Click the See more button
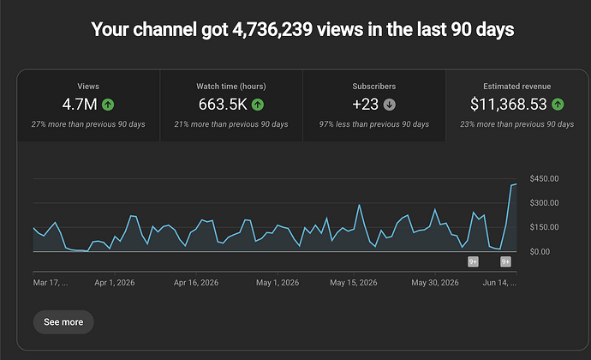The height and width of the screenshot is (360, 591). click(x=63, y=322)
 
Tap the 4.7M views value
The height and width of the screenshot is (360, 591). click(x=80, y=105)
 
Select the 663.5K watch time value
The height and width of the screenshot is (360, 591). click(x=223, y=105)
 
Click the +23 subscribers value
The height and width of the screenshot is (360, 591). click(x=365, y=105)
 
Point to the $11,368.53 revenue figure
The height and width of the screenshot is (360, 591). click(x=509, y=105)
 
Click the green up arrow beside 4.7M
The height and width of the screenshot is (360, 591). click(x=108, y=105)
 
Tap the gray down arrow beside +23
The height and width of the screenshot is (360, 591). click(x=390, y=105)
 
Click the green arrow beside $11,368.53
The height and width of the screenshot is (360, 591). click(x=558, y=105)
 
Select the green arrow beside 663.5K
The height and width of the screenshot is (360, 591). click(x=258, y=105)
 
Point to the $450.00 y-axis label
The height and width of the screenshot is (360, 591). click(x=544, y=178)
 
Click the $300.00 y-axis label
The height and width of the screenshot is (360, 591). click(x=544, y=203)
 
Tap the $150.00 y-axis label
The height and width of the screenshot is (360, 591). click(x=544, y=227)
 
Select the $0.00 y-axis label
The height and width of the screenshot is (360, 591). click(x=540, y=252)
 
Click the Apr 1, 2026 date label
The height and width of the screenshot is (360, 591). click(x=115, y=283)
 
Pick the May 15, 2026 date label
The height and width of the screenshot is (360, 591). click(x=354, y=283)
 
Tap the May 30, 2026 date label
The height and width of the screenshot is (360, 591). click(x=435, y=283)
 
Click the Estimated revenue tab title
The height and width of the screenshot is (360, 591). click(x=517, y=87)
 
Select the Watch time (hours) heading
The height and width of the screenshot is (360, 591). click(x=231, y=87)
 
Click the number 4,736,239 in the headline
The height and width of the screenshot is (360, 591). click(x=272, y=29)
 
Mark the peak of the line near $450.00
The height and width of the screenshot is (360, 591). click(x=516, y=183)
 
